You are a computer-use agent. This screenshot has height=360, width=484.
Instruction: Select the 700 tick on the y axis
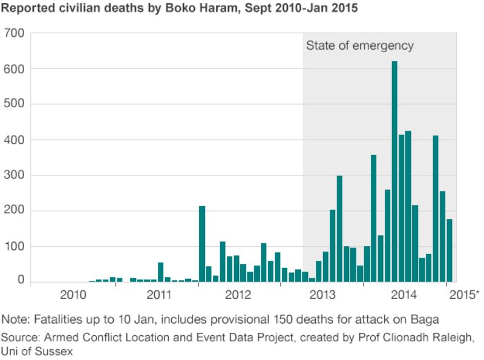[15, 33]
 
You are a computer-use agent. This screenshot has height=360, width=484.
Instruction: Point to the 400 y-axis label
[15, 140]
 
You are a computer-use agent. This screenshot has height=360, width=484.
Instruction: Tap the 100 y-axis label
[15, 247]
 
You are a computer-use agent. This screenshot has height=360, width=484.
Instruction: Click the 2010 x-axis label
[73, 295]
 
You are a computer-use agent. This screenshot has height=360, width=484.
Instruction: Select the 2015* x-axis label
[465, 295]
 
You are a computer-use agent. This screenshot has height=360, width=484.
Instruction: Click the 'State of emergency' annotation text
[359, 45]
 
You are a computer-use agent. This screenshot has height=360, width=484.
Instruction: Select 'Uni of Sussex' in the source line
[36, 351]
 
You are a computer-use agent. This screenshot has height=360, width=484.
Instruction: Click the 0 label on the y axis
[21, 281]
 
